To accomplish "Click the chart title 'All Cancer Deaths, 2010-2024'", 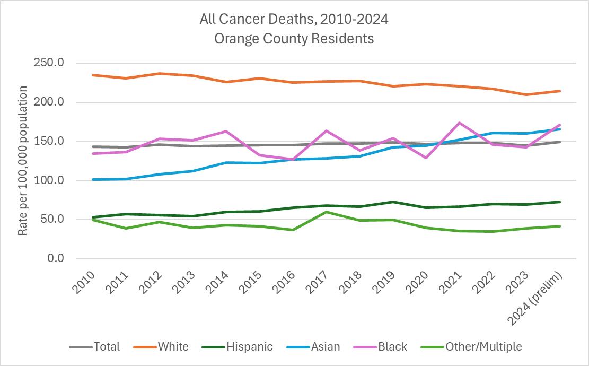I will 294,20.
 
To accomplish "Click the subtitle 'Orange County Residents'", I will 294,39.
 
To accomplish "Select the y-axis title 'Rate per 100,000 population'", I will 23,160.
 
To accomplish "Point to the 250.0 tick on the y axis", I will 49,63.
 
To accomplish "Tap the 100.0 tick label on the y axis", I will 49,180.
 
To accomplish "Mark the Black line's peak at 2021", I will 460,123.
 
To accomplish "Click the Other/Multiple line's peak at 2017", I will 327,212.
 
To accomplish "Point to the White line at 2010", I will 93,75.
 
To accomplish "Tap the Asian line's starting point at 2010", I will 93,179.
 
